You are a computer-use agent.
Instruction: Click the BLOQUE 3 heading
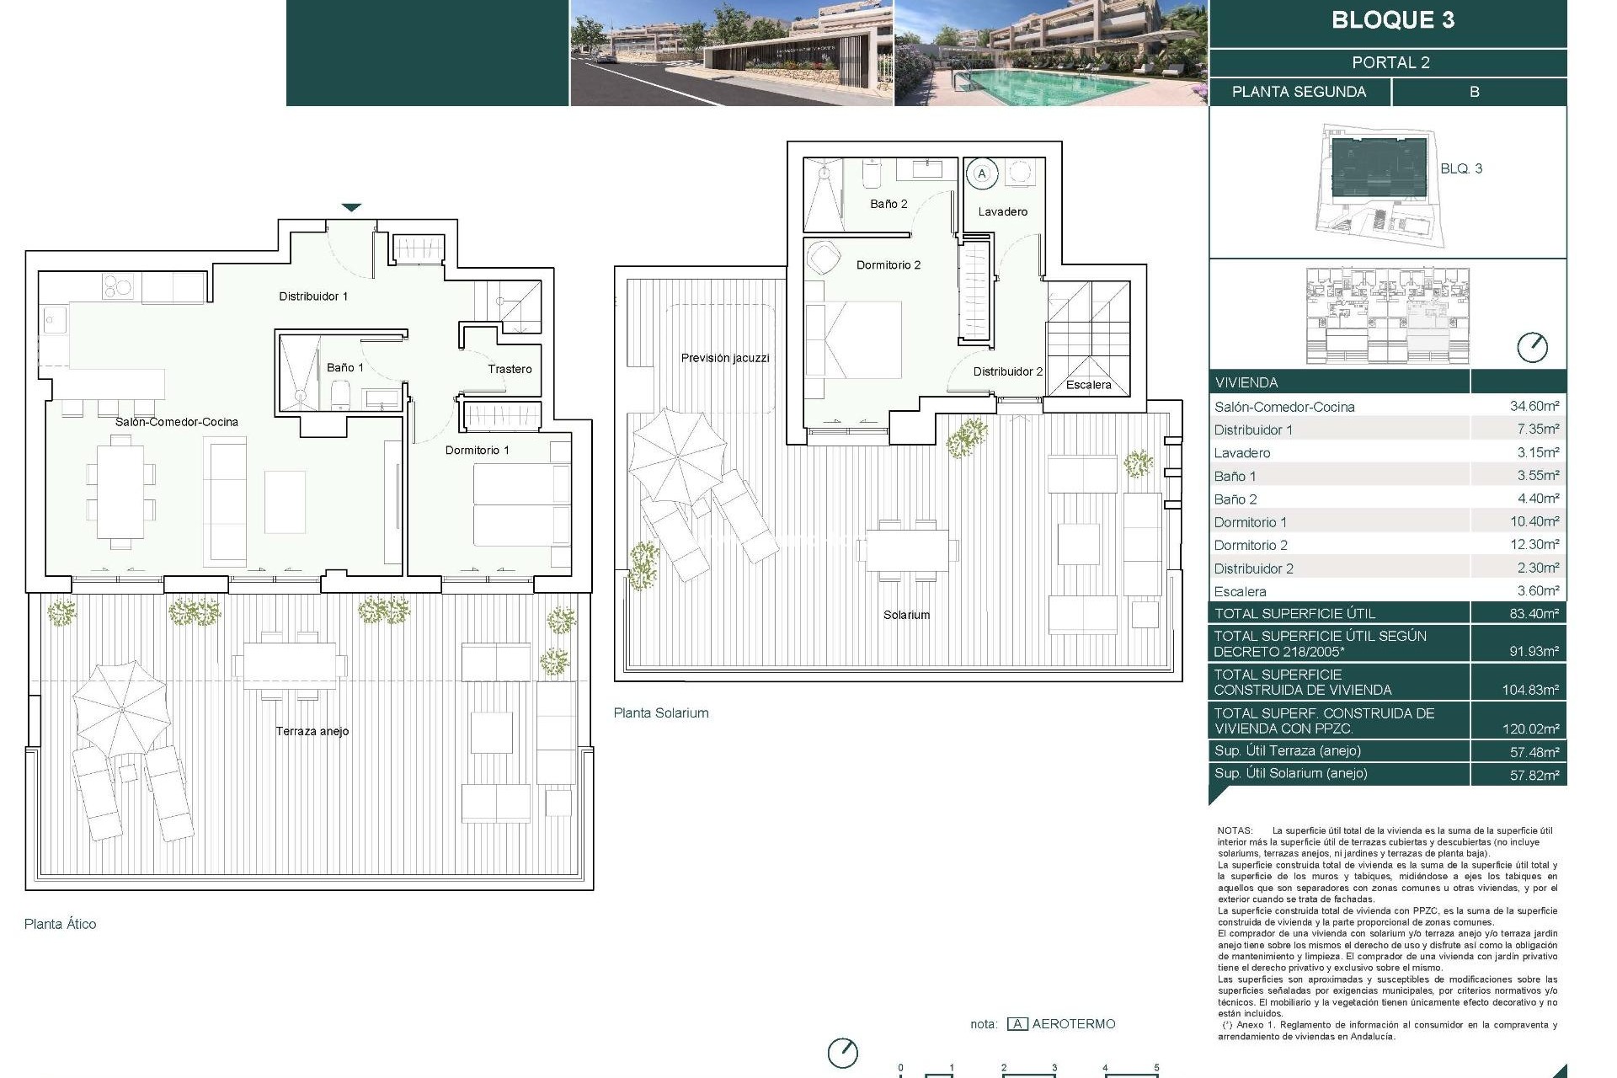[1392, 20]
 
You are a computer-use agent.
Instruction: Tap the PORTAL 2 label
[1390, 62]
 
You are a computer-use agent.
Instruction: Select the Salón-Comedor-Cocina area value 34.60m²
[1534, 406]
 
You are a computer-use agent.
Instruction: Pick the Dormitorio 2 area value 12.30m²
[1534, 545]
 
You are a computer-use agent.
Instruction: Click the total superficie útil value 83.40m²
[1534, 613]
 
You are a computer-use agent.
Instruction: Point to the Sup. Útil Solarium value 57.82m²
[1534, 775]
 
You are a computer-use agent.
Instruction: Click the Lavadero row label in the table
[1241, 453]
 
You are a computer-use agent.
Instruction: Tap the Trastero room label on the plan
[510, 369]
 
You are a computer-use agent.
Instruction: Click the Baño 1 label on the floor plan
[345, 367]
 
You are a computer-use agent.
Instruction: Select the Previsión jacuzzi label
[725, 358]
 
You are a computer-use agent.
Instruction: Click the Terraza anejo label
[312, 731]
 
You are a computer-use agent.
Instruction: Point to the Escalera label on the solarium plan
[1088, 385]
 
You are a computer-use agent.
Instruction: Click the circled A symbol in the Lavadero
[981, 174]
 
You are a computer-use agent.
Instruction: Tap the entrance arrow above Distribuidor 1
[351, 207]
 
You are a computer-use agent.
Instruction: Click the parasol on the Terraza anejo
[121, 709]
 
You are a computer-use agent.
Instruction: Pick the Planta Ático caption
[60, 924]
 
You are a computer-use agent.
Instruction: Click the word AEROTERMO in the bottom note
[1073, 1024]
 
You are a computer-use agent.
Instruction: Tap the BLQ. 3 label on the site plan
[1460, 168]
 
